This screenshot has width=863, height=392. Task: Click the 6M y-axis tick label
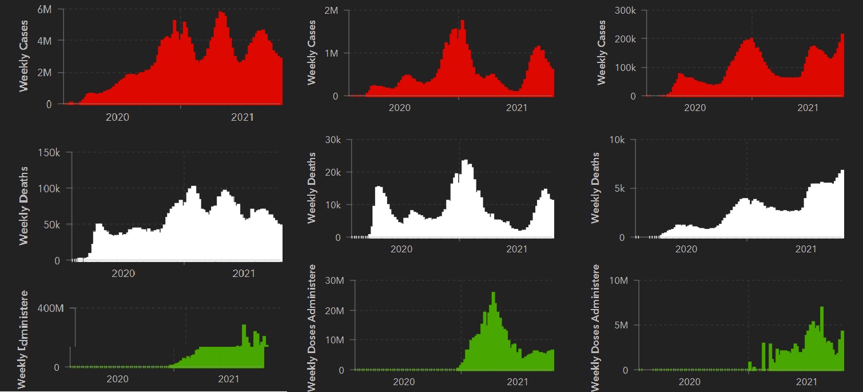(45, 9)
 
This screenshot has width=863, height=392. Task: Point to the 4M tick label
(45, 41)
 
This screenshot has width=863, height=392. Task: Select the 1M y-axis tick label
(332, 53)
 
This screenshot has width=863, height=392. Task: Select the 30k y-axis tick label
(332, 140)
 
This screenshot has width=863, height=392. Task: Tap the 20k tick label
(332, 172)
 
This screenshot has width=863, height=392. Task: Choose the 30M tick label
(332, 280)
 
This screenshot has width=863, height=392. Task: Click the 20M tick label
(332, 310)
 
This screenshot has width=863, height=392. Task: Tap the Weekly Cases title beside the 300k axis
(601, 53)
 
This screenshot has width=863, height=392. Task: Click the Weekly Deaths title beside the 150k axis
(24, 205)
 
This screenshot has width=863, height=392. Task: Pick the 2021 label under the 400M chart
(229, 379)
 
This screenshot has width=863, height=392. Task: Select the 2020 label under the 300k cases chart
(695, 107)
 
